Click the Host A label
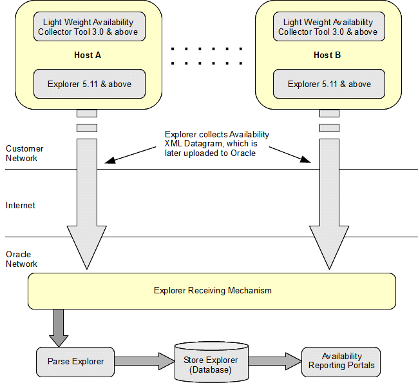point(88,55)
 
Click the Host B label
point(327,55)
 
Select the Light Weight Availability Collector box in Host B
point(327,27)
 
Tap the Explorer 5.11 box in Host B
point(328,84)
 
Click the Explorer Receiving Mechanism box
point(212,291)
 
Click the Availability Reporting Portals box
point(341,361)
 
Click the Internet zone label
point(21,205)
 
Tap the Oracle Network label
point(22,259)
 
